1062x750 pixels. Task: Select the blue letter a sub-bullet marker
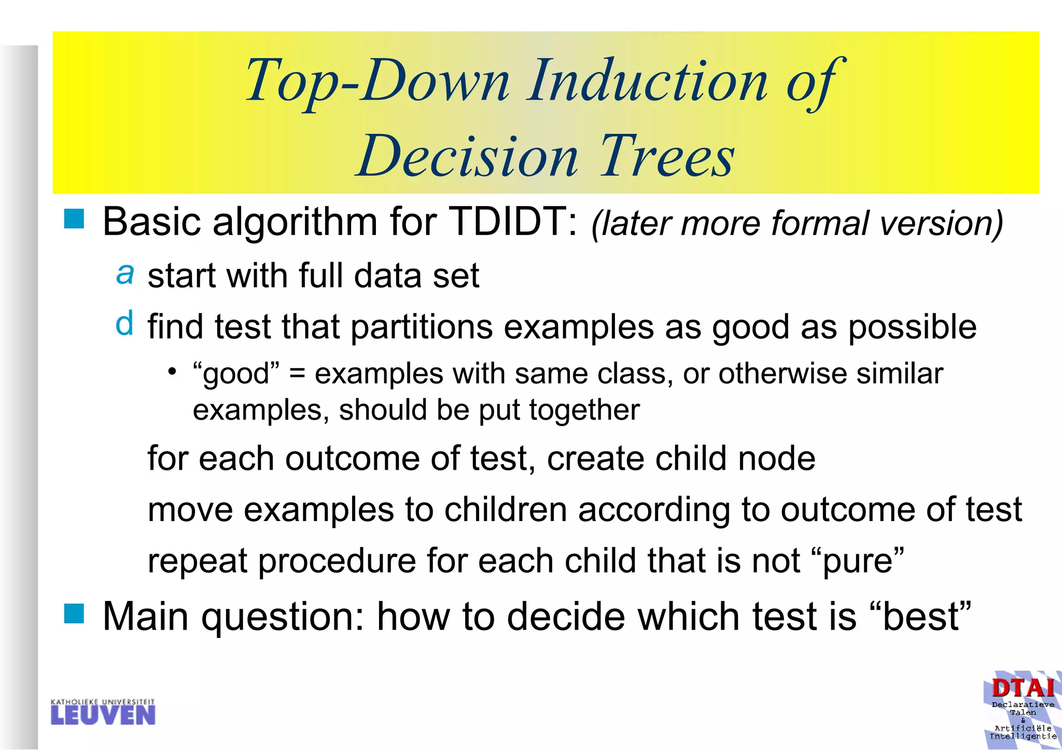click(x=125, y=273)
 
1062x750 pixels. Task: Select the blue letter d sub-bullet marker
click(x=124, y=323)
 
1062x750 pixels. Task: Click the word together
click(x=584, y=410)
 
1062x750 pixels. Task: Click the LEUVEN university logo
click(x=103, y=712)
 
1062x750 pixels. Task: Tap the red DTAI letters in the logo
click(x=1023, y=688)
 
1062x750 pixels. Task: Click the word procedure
click(x=337, y=561)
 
